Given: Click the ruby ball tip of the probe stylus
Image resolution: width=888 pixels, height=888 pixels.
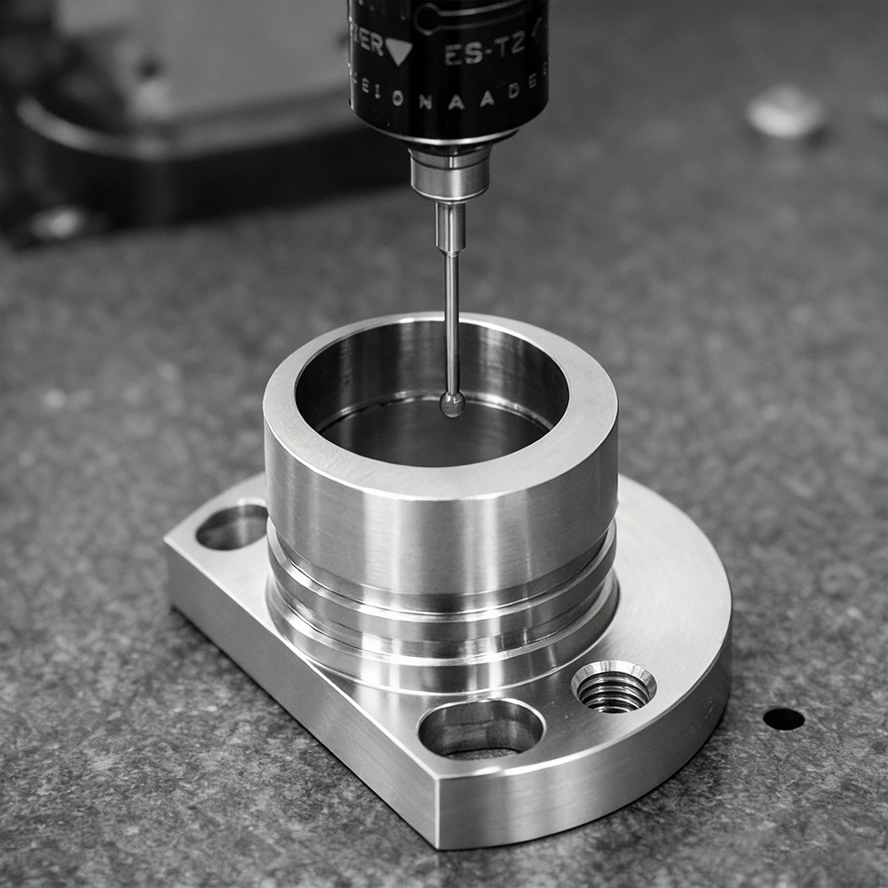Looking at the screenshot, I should click(452, 404).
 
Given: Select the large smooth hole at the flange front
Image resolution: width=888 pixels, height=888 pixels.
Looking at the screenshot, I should click(480, 728).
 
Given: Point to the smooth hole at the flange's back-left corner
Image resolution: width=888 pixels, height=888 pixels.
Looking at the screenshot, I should click(232, 526).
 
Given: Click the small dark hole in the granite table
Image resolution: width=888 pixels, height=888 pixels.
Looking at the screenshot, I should click(783, 718).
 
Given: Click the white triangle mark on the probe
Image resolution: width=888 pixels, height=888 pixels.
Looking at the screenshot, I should click(398, 51).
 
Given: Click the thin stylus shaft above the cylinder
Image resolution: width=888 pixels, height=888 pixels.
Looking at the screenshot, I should click(452, 320).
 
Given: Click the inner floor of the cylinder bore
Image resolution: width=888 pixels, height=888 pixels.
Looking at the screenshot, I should click(426, 435).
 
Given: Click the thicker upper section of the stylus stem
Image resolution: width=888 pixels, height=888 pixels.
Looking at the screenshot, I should click(450, 227).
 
